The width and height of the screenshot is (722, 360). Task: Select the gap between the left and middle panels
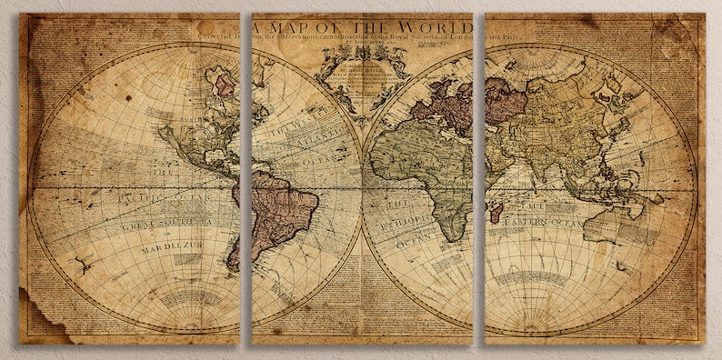[246, 182]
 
